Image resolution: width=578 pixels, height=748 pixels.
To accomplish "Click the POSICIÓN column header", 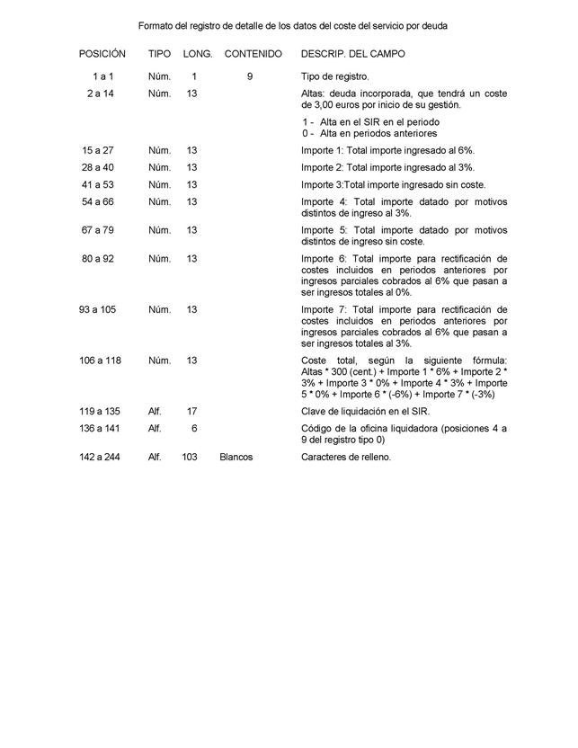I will coord(102,54).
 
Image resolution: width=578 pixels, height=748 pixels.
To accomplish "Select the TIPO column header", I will coord(159,54).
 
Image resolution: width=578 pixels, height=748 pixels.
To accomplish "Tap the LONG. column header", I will coord(198,54).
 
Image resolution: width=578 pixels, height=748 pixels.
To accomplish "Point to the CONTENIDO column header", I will coord(253,54).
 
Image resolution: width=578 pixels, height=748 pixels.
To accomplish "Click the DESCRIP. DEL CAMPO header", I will coord(352,54).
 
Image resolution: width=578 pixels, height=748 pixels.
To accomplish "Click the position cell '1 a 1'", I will coord(102,77).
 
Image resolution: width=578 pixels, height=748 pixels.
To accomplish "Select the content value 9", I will coord(250,77).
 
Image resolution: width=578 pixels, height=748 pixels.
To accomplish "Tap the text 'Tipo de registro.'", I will coord(334,77).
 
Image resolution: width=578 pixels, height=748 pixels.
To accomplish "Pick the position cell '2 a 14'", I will coord(101,93).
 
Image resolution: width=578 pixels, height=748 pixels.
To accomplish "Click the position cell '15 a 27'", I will coord(98,150).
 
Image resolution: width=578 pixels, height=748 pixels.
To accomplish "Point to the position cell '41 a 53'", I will coord(98,184).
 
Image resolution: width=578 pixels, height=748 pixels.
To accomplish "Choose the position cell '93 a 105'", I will coord(97,310).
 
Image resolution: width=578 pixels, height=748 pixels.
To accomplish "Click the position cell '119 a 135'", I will coord(97,411).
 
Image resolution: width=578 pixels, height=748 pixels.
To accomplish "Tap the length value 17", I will coord(191,411).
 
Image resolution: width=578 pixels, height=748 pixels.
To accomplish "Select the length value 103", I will coord(189,457).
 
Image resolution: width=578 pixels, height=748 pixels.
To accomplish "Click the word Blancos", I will coord(236,457).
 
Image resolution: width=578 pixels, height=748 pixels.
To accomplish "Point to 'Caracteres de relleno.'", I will coord(346,457).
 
